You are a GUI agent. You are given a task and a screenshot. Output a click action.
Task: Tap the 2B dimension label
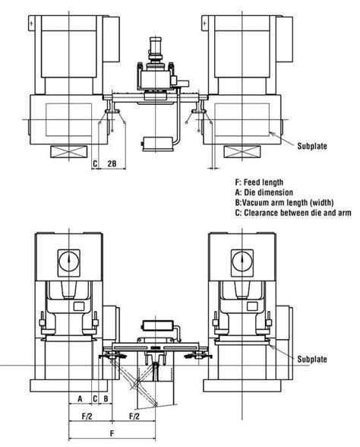112,163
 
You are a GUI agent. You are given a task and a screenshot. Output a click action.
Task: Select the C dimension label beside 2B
95,163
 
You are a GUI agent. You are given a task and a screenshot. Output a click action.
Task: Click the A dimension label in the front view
79,398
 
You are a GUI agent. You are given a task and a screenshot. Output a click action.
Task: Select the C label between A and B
94,398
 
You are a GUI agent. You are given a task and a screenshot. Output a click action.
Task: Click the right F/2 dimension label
134,417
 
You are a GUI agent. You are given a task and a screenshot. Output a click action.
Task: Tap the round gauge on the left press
68,262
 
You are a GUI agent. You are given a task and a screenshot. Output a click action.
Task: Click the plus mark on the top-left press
31,25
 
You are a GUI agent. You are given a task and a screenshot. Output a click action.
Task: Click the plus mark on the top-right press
205,25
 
